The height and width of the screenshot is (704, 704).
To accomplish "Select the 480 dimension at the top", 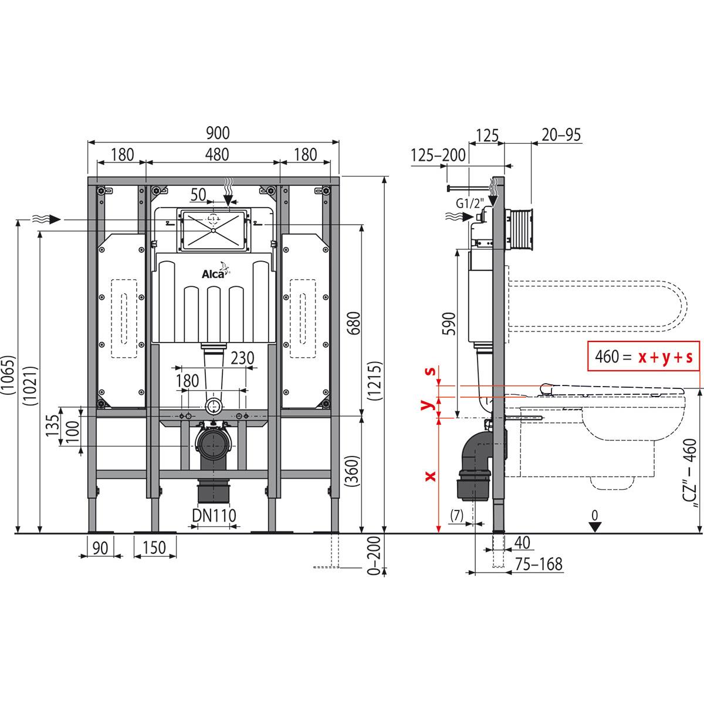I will click(x=214, y=155).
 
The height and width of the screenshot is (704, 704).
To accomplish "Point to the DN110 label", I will click(x=215, y=515).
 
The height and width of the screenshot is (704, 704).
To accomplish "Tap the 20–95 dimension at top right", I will click(x=561, y=135).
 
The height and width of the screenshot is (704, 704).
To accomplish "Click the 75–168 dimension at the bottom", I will click(x=539, y=564).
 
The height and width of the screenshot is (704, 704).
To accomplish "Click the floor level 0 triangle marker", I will click(x=595, y=526).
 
